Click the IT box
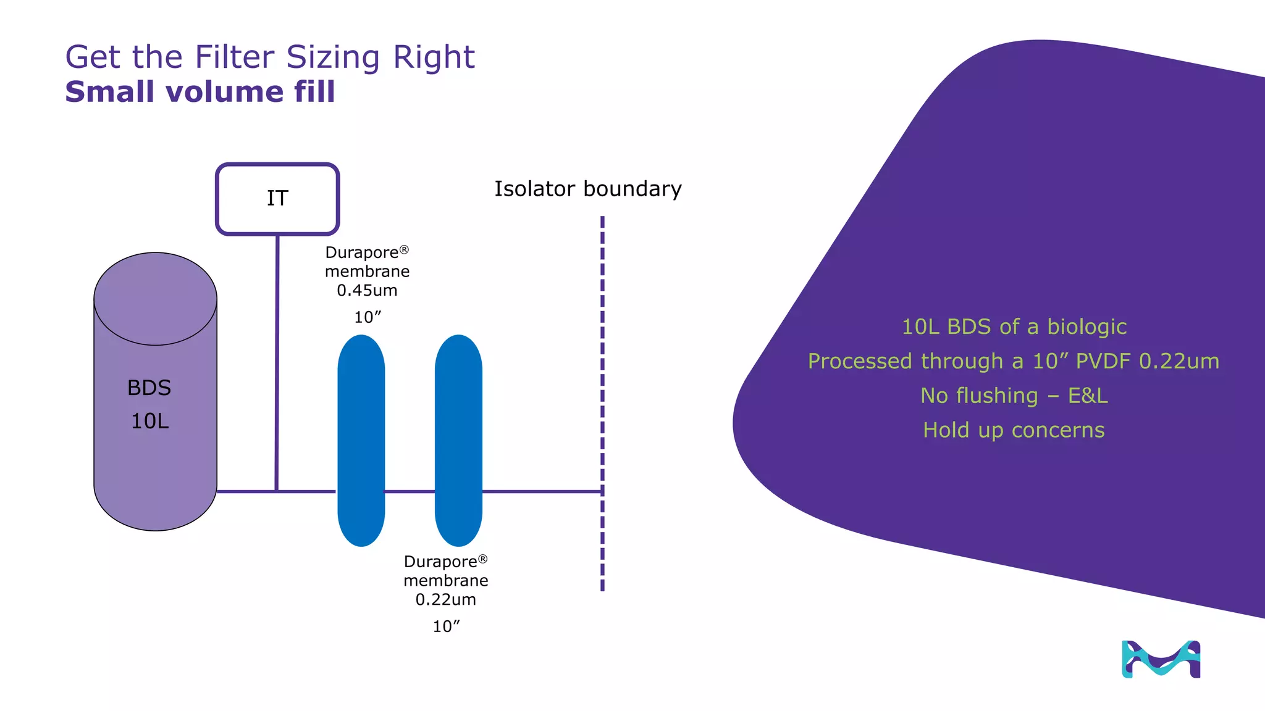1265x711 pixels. pyautogui.click(x=277, y=199)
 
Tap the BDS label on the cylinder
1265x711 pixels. pyautogui.click(x=149, y=388)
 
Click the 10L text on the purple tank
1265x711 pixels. pyautogui.click(x=149, y=421)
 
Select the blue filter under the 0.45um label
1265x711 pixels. pyautogui.click(x=361, y=440)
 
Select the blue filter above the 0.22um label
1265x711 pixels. pyautogui.click(x=458, y=440)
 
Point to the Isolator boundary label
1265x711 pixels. pyautogui.click(x=587, y=189)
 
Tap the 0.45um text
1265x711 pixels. pyautogui.click(x=367, y=290)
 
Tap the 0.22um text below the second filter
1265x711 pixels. pyautogui.click(x=445, y=599)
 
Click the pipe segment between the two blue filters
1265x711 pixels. pyautogui.click(x=410, y=491)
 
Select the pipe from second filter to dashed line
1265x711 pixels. pyautogui.click(x=540, y=491)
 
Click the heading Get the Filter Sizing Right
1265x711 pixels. pyautogui.click(x=270, y=57)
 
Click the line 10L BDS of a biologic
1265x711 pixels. pyautogui.click(x=1014, y=326)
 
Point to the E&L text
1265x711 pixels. pyautogui.click(x=1088, y=396)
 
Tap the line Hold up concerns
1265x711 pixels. pyautogui.click(x=1014, y=430)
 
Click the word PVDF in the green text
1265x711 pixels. pyautogui.click(x=1103, y=361)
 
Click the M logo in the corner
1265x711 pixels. pyautogui.click(x=1161, y=659)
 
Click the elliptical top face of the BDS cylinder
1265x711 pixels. pyautogui.click(x=155, y=299)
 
